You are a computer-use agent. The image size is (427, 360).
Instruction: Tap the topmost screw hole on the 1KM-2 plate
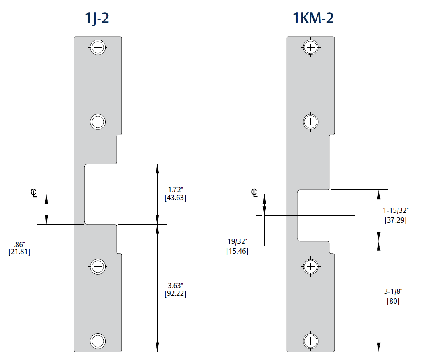310,48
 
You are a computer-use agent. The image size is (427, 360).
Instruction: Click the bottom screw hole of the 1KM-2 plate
310,341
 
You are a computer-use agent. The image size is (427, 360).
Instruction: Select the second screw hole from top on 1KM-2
310,121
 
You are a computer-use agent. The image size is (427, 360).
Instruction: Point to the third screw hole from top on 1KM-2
310,266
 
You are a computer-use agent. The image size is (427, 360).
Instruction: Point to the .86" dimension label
19,244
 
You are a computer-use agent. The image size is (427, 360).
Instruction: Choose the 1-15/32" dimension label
396,210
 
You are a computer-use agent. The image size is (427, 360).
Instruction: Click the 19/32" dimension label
237,241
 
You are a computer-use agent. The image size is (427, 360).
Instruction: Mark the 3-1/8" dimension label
393,291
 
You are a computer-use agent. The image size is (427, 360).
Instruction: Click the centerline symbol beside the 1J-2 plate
33,193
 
